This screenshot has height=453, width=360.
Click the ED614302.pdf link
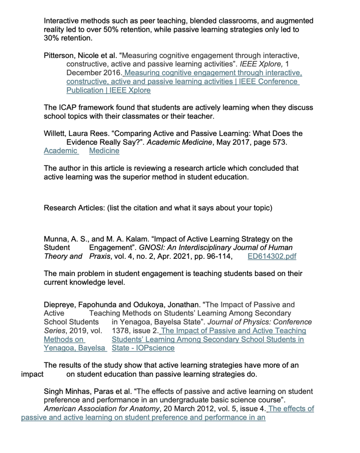pos(272,256)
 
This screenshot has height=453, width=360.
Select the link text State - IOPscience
pos(143,348)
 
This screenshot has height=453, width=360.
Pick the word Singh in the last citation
pos(53,392)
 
